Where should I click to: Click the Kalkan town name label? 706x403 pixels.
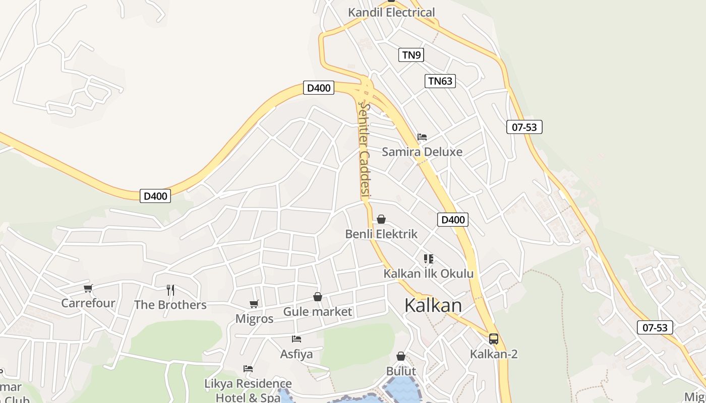coord(433,306)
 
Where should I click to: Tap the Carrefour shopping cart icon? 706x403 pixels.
coord(88,289)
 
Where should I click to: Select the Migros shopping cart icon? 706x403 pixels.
coord(254,304)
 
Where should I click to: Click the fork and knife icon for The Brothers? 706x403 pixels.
coord(170,290)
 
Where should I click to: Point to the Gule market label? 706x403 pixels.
coord(317,312)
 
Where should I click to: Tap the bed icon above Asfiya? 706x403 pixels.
coord(297,339)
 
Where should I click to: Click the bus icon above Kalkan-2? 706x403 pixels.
coord(494,339)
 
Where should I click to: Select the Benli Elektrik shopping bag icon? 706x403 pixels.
coord(381,219)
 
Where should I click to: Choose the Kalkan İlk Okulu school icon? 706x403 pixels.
coord(429,259)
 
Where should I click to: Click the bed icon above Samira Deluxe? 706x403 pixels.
coord(422,137)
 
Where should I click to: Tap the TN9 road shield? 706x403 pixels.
coord(411,55)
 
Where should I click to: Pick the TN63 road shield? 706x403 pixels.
coord(440,81)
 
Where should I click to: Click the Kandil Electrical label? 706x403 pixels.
coord(391,13)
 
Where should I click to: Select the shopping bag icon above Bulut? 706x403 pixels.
coord(401,357)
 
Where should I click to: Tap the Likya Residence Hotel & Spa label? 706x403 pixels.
coord(248,390)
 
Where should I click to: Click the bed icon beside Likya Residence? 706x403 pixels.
coord(248,369)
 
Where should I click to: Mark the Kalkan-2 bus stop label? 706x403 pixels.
coord(494,354)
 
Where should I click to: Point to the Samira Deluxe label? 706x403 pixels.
coord(422,152)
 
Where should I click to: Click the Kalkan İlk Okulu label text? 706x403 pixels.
coord(429,274)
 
